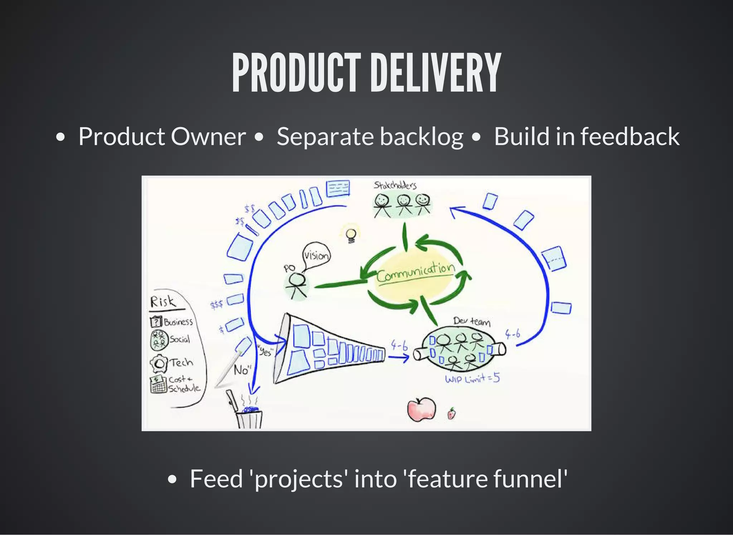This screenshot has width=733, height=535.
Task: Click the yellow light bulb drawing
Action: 351,235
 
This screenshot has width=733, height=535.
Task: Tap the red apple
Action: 422,409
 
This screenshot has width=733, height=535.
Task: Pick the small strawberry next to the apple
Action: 452,414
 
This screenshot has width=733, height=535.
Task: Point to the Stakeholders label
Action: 395,185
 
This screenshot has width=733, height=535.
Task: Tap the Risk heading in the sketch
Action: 163,302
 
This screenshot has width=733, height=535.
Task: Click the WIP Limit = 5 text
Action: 472,378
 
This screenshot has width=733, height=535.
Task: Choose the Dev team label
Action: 472,321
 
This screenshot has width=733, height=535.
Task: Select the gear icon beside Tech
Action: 159,364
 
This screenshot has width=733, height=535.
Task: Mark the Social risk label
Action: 179,339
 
